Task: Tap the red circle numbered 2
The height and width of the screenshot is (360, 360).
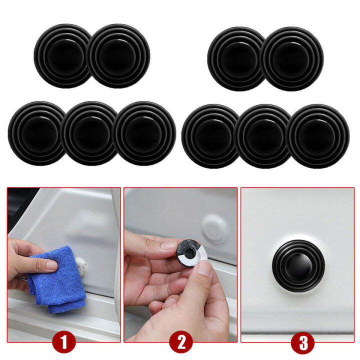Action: (180, 343)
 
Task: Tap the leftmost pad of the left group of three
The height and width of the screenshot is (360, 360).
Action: (36, 133)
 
